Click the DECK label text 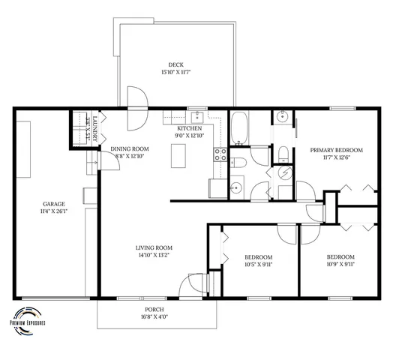tap(175, 64)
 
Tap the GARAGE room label tap(52, 203)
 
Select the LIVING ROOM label tap(154, 248)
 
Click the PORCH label tap(154, 309)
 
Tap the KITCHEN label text tap(189, 128)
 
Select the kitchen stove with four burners tap(221, 154)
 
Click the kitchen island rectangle tap(178, 155)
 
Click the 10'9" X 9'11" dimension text tap(340, 264)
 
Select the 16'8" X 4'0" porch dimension tap(154, 317)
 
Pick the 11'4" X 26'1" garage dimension tap(52, 211)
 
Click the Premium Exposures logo tap(28, 316)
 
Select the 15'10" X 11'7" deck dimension tap(175, 73)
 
